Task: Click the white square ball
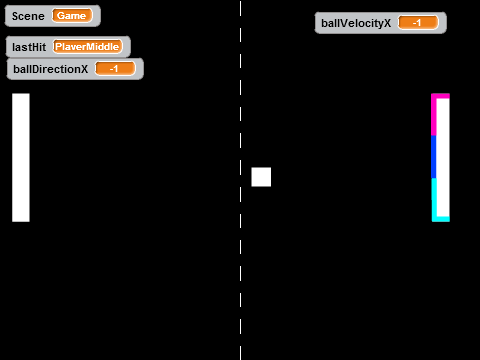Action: (x=261, y=177)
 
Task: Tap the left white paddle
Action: (x=21, y=157)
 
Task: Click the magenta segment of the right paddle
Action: (x=434, y=115)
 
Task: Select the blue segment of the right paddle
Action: (x=434, y=157)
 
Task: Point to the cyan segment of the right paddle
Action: (x=434, y=199)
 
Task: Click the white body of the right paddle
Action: (x=443, y=157)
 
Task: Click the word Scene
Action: (x=28, y=16)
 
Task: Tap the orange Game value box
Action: (x=72, y=16)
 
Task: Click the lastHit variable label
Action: (x=29, y=47)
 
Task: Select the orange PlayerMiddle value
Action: (x=87, y=47)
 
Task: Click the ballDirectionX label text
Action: (x=51, y=69)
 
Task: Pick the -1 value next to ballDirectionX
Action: (x=115, y=69)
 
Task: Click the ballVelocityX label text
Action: (x=356, y=23)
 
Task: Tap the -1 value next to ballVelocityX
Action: (x=418, y=23)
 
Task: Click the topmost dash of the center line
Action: (x=240, y=8)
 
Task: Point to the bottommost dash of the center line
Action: (x=240, y=353)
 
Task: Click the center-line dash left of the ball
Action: (x=240, y=168)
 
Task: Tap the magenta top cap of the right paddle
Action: (x=440, y=96)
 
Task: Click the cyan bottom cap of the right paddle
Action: (x=441, y=219)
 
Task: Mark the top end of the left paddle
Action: (x=21, y=94)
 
